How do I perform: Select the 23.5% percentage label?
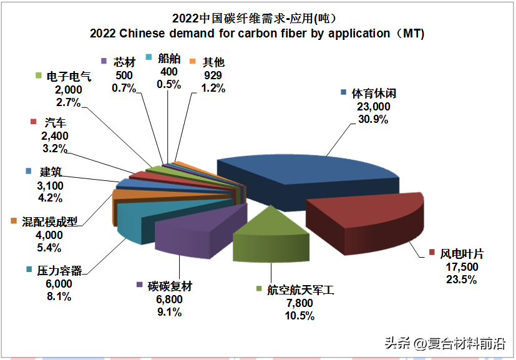[x=462, y=280]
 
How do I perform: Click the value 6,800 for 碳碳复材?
[x=166, y=300]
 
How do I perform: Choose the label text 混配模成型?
[x=50, y=221]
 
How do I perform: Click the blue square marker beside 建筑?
[x=28, y=171]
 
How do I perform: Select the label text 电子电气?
[x=69, y=77]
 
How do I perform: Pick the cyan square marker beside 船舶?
[x=148, y=57]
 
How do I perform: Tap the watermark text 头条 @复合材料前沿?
[x=444, y=343]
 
